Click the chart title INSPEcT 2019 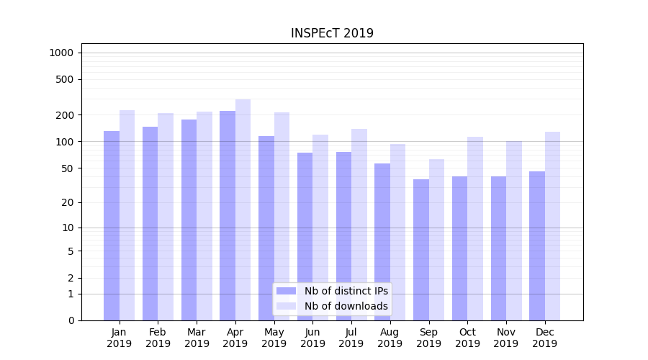[x=332, y=33]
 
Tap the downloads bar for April [x=243, y=210]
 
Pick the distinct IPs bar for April [x=228, y=215]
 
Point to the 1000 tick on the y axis [x=61, y=53]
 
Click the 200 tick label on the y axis [x=66, y=115]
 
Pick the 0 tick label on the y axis [x=71, y=320]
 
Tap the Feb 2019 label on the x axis [x=158, y=338]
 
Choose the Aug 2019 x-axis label [x=390, y=338]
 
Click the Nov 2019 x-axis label [x=506, y=338]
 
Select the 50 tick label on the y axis [x=68, y=168]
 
